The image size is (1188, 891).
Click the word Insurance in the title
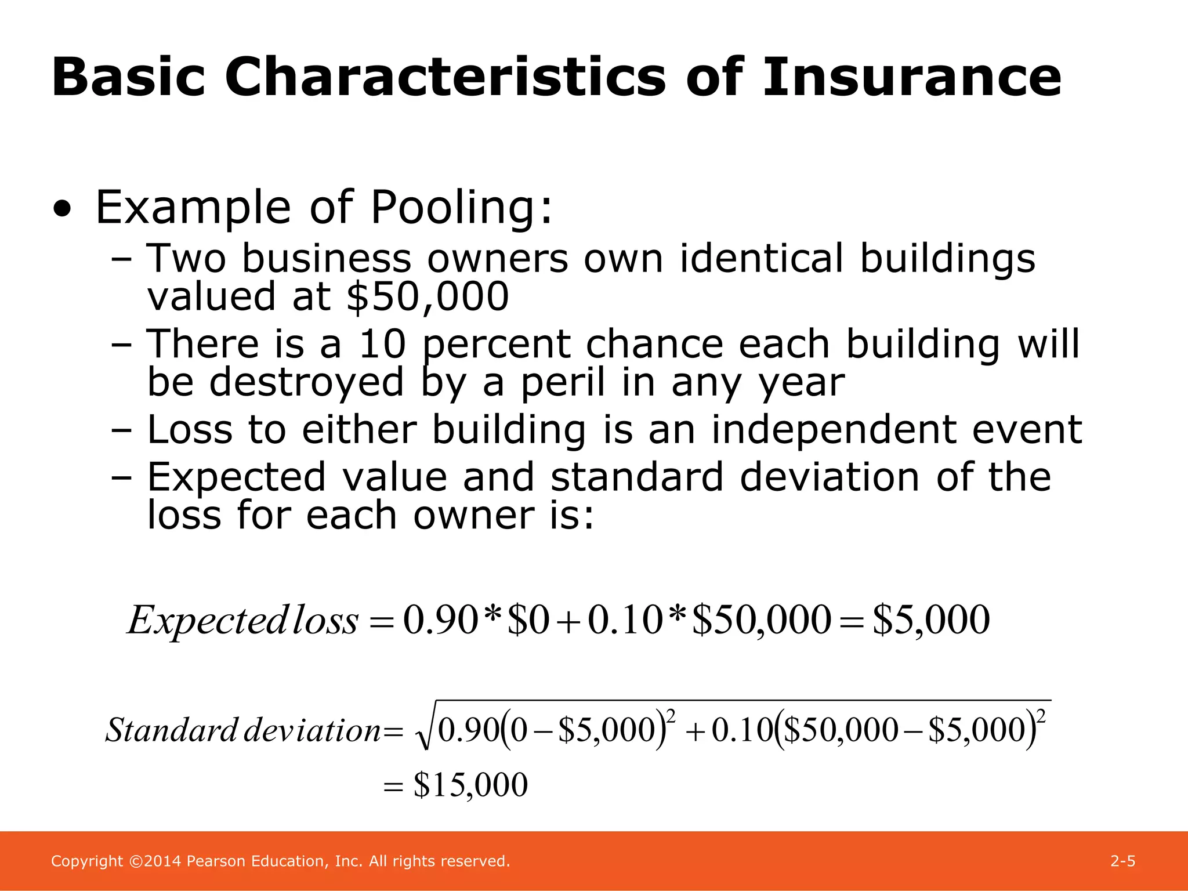click(912, 77)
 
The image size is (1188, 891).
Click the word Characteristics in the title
click(445, 77)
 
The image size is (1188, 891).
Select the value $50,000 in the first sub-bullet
click(428, 296)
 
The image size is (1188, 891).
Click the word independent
click(834, 430)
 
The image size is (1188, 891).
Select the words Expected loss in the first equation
click(242, 620)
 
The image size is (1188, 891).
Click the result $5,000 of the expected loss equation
click(930, 620)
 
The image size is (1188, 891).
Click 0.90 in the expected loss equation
click(440, 620)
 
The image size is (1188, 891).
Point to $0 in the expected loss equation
click(528, 620)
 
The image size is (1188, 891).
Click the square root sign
click(425, 731)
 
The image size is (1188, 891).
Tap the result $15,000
click(470, 785)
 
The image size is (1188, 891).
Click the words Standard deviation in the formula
click(242, 730)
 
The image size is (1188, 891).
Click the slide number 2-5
click(1122, 861)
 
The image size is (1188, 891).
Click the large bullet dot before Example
click(62, 209)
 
